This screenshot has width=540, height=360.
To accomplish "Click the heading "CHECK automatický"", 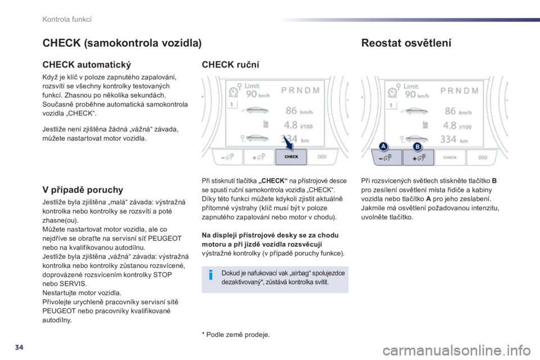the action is (87, 65).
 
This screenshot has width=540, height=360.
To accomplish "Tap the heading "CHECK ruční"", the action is (231, 65).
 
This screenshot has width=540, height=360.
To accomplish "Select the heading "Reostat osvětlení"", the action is (406, 43).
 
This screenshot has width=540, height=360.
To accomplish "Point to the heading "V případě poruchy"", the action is (83, 190).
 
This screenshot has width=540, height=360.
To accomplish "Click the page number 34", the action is (19, 347).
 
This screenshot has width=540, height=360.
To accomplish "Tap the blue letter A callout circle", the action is (383, 146).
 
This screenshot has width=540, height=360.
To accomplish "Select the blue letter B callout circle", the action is (417, 146).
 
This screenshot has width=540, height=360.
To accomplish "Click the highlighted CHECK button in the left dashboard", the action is (291, 157).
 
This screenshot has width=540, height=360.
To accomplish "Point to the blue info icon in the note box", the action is (211, 275).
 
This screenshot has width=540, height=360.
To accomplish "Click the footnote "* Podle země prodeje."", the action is (236, 335).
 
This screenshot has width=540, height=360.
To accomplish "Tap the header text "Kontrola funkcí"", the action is (67, 19).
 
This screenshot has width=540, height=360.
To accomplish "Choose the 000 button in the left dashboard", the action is (322, 157).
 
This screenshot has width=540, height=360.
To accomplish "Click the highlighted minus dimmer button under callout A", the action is (386, 157).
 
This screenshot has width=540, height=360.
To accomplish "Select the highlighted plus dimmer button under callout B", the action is (418, 157).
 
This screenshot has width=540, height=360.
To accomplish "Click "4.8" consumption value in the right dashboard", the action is (449, 125).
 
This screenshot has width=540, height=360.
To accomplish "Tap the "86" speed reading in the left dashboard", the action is (291, 111).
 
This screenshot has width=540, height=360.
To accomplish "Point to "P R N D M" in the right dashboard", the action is (460, 91).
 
